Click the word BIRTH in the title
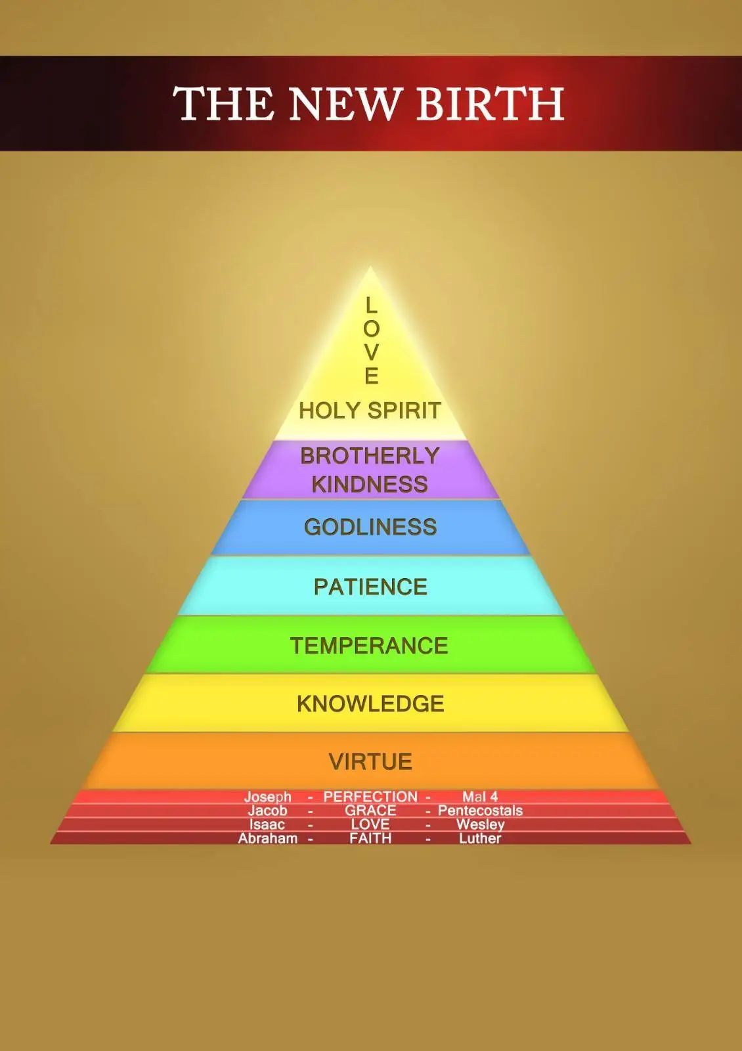tap(491, 102)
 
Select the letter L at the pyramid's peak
tap(371, 305)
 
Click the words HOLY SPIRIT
tap(370, 411)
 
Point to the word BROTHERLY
tap(370, 456)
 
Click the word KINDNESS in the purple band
tap(370, 484)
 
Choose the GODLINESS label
tap(370, 527)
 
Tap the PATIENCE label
tap(370, 587)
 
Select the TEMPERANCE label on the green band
tap(369, 646)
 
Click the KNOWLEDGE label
tap(370, 704)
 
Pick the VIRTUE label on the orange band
tap(370, 761)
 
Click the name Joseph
tap(267, 797)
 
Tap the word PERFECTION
tap(370, 797)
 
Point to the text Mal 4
tap(480, 797)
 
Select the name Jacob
tap(267, 811)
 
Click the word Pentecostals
tap(480, 811)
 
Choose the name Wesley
tap(480, 825)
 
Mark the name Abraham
tap(268, 838)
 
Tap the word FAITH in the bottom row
tap(370, 838)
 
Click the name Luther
tap(480, 838)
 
